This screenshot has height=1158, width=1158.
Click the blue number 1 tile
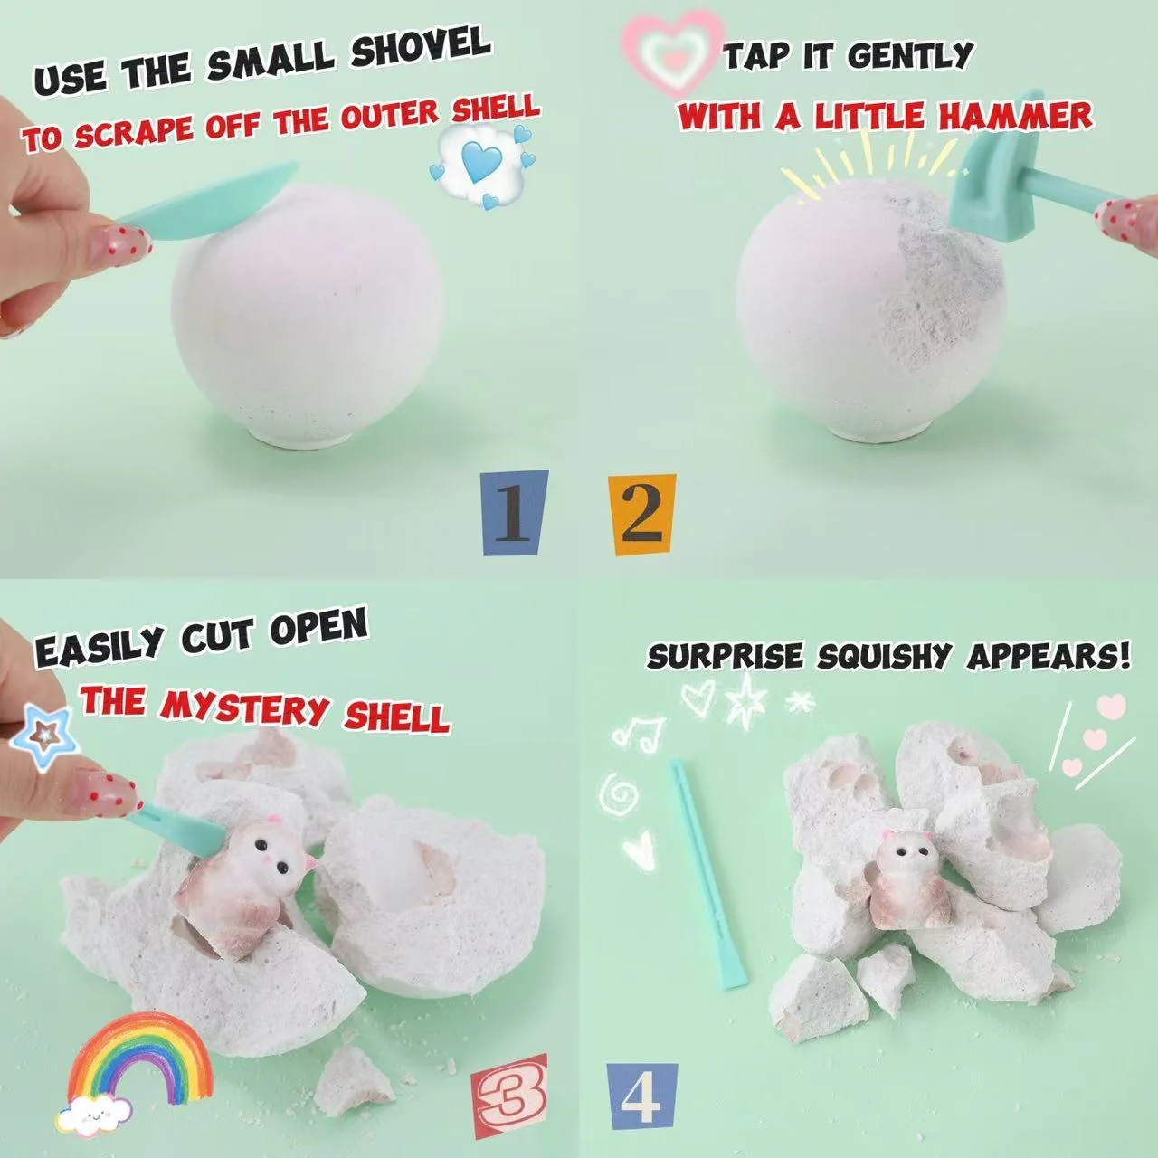[516, 513]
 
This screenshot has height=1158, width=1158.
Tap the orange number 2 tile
[641, 515]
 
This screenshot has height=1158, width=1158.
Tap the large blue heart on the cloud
[482, 162]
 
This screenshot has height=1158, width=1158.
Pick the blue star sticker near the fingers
[46, 738]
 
